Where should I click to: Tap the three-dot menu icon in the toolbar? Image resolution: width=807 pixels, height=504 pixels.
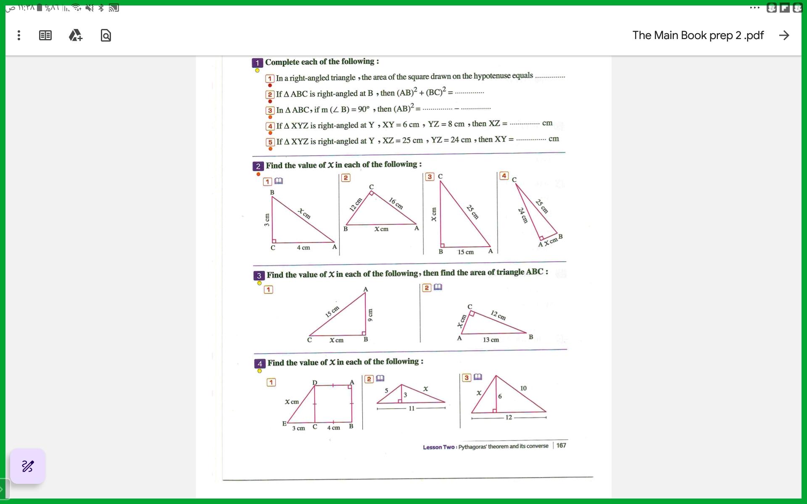(x=19, y=35)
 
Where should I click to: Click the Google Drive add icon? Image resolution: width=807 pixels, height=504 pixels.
(x=76, y=35)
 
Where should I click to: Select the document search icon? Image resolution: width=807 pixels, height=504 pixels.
(x=106, y=36)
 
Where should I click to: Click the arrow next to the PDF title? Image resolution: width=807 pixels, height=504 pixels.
(x=784, y=35)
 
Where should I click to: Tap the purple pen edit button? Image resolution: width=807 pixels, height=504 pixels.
(x=28, y=466)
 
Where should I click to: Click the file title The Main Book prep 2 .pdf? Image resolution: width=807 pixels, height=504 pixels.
(x=698, y=35)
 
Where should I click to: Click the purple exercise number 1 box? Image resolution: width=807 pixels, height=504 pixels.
(x=257, y=63)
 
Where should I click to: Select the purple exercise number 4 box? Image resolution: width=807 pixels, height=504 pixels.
(x=259, y=364)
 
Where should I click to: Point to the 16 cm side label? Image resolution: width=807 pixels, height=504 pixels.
(x=396, y=203)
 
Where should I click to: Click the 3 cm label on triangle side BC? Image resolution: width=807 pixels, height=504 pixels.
(x=267, y=220)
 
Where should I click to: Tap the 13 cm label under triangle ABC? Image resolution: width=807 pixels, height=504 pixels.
(x=491, y=340)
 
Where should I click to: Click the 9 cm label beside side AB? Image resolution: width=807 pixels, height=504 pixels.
(x=370, y=315)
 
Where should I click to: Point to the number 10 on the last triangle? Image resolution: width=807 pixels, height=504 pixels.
(x=523, y=388)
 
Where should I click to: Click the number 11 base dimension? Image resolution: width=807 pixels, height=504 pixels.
(x=411, y=408)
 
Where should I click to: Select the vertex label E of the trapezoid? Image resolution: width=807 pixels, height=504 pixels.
(x=284, y=423)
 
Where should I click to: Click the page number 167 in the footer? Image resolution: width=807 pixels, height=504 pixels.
(x=561, y=445)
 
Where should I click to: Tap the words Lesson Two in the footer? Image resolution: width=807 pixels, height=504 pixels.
(x=438, y=447)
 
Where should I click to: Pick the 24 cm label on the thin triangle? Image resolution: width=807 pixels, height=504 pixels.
(x=522, y=215)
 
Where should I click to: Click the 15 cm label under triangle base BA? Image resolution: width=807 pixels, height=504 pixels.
(x=466, y=252)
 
